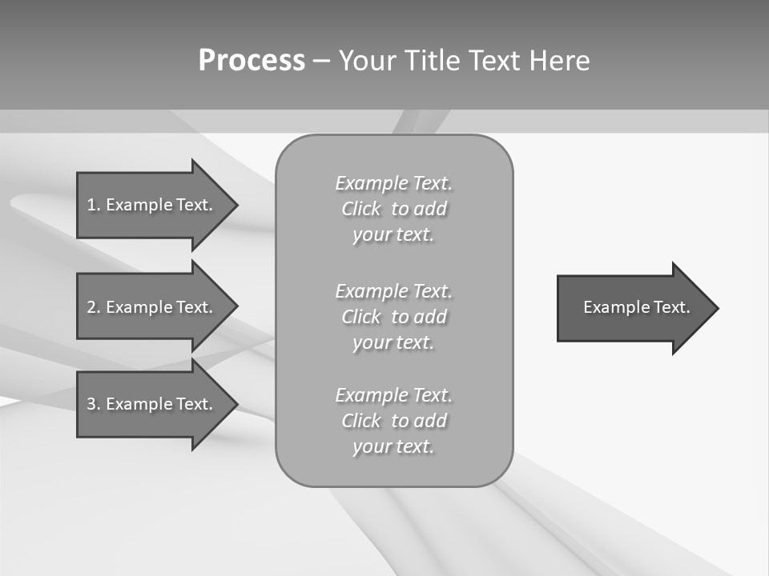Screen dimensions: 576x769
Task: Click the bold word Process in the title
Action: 252,61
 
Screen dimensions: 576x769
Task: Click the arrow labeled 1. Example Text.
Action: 152,205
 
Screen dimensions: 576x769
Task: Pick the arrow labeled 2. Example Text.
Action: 152,307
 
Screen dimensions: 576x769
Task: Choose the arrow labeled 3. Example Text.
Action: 152,404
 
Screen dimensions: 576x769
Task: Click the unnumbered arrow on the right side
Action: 633,308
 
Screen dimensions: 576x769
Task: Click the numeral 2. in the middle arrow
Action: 94,307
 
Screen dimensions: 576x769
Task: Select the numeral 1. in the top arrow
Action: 94,205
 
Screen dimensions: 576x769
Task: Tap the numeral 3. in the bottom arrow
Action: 94,404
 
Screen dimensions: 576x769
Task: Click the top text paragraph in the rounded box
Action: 393,209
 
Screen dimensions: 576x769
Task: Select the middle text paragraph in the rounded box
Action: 393,317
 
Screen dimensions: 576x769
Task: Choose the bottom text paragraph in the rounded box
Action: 393,421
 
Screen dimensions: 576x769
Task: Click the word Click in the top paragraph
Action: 360,209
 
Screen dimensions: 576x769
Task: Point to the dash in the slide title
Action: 321,61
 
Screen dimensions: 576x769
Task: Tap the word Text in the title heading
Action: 495,61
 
